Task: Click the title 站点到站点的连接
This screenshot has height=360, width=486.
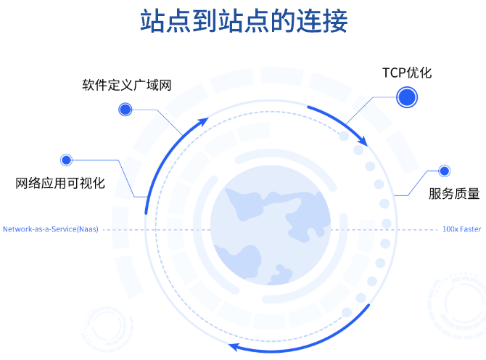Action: pyautogui.click(x=244, y=21)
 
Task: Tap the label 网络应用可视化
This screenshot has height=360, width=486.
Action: pyautogui.click(x=61, y=183)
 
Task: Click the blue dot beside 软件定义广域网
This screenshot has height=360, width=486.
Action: pyautogui.click(x=125, y=110)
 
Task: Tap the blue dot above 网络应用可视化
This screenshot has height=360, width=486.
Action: pyautogui.click(x=67, y=159)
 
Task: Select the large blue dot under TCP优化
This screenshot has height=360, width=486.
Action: pyautogui.click(x=407, y=97)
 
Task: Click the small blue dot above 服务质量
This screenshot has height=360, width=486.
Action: pyautogui.click(x=444, y=171)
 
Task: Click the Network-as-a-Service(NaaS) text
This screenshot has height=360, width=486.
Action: pyautogui.click(x=50, y=229)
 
